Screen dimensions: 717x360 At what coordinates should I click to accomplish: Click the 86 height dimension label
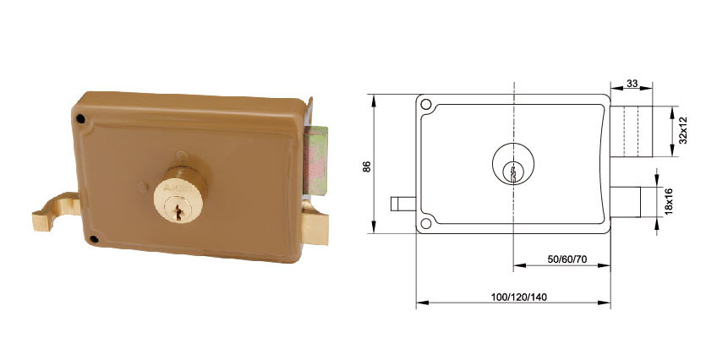tap(367, 166)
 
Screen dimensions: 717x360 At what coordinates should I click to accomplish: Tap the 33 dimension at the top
tap(632, 84)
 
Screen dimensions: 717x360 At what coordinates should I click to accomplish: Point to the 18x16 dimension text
tap(670, 201)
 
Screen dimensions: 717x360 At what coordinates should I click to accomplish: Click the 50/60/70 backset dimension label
tap(567, 259)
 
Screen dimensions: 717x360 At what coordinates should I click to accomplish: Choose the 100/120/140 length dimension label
tap(519, 297)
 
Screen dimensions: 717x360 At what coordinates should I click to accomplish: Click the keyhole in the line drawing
tap(513, 173)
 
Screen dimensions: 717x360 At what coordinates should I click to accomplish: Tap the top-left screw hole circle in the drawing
tap(426, 104)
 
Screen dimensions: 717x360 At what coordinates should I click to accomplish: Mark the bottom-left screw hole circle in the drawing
tap(426, 223)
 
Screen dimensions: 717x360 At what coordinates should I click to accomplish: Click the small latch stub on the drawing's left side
tap(402, 204)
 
